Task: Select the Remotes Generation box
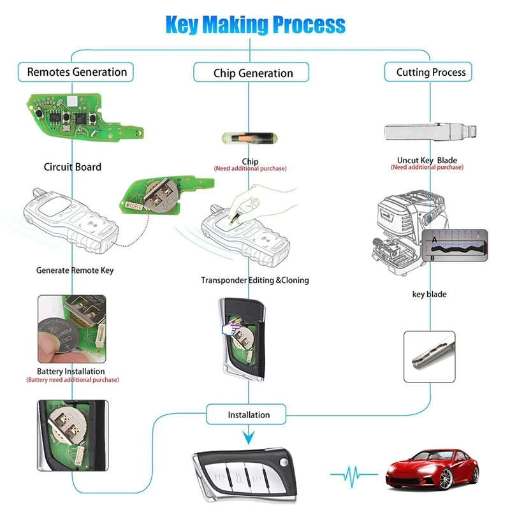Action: pos(76,72)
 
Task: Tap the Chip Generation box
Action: pos(253,73)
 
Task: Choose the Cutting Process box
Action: pos(431,72)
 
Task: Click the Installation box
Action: pos(249,415)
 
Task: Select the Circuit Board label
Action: pos(72,167)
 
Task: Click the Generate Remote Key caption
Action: pos(75,270)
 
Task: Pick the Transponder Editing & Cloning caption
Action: pos(254,280)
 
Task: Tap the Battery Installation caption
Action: pos(71,371)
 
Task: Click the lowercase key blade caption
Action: pos(430,295)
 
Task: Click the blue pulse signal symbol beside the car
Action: pos(354,474)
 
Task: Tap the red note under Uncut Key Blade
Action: pos(426,168)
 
